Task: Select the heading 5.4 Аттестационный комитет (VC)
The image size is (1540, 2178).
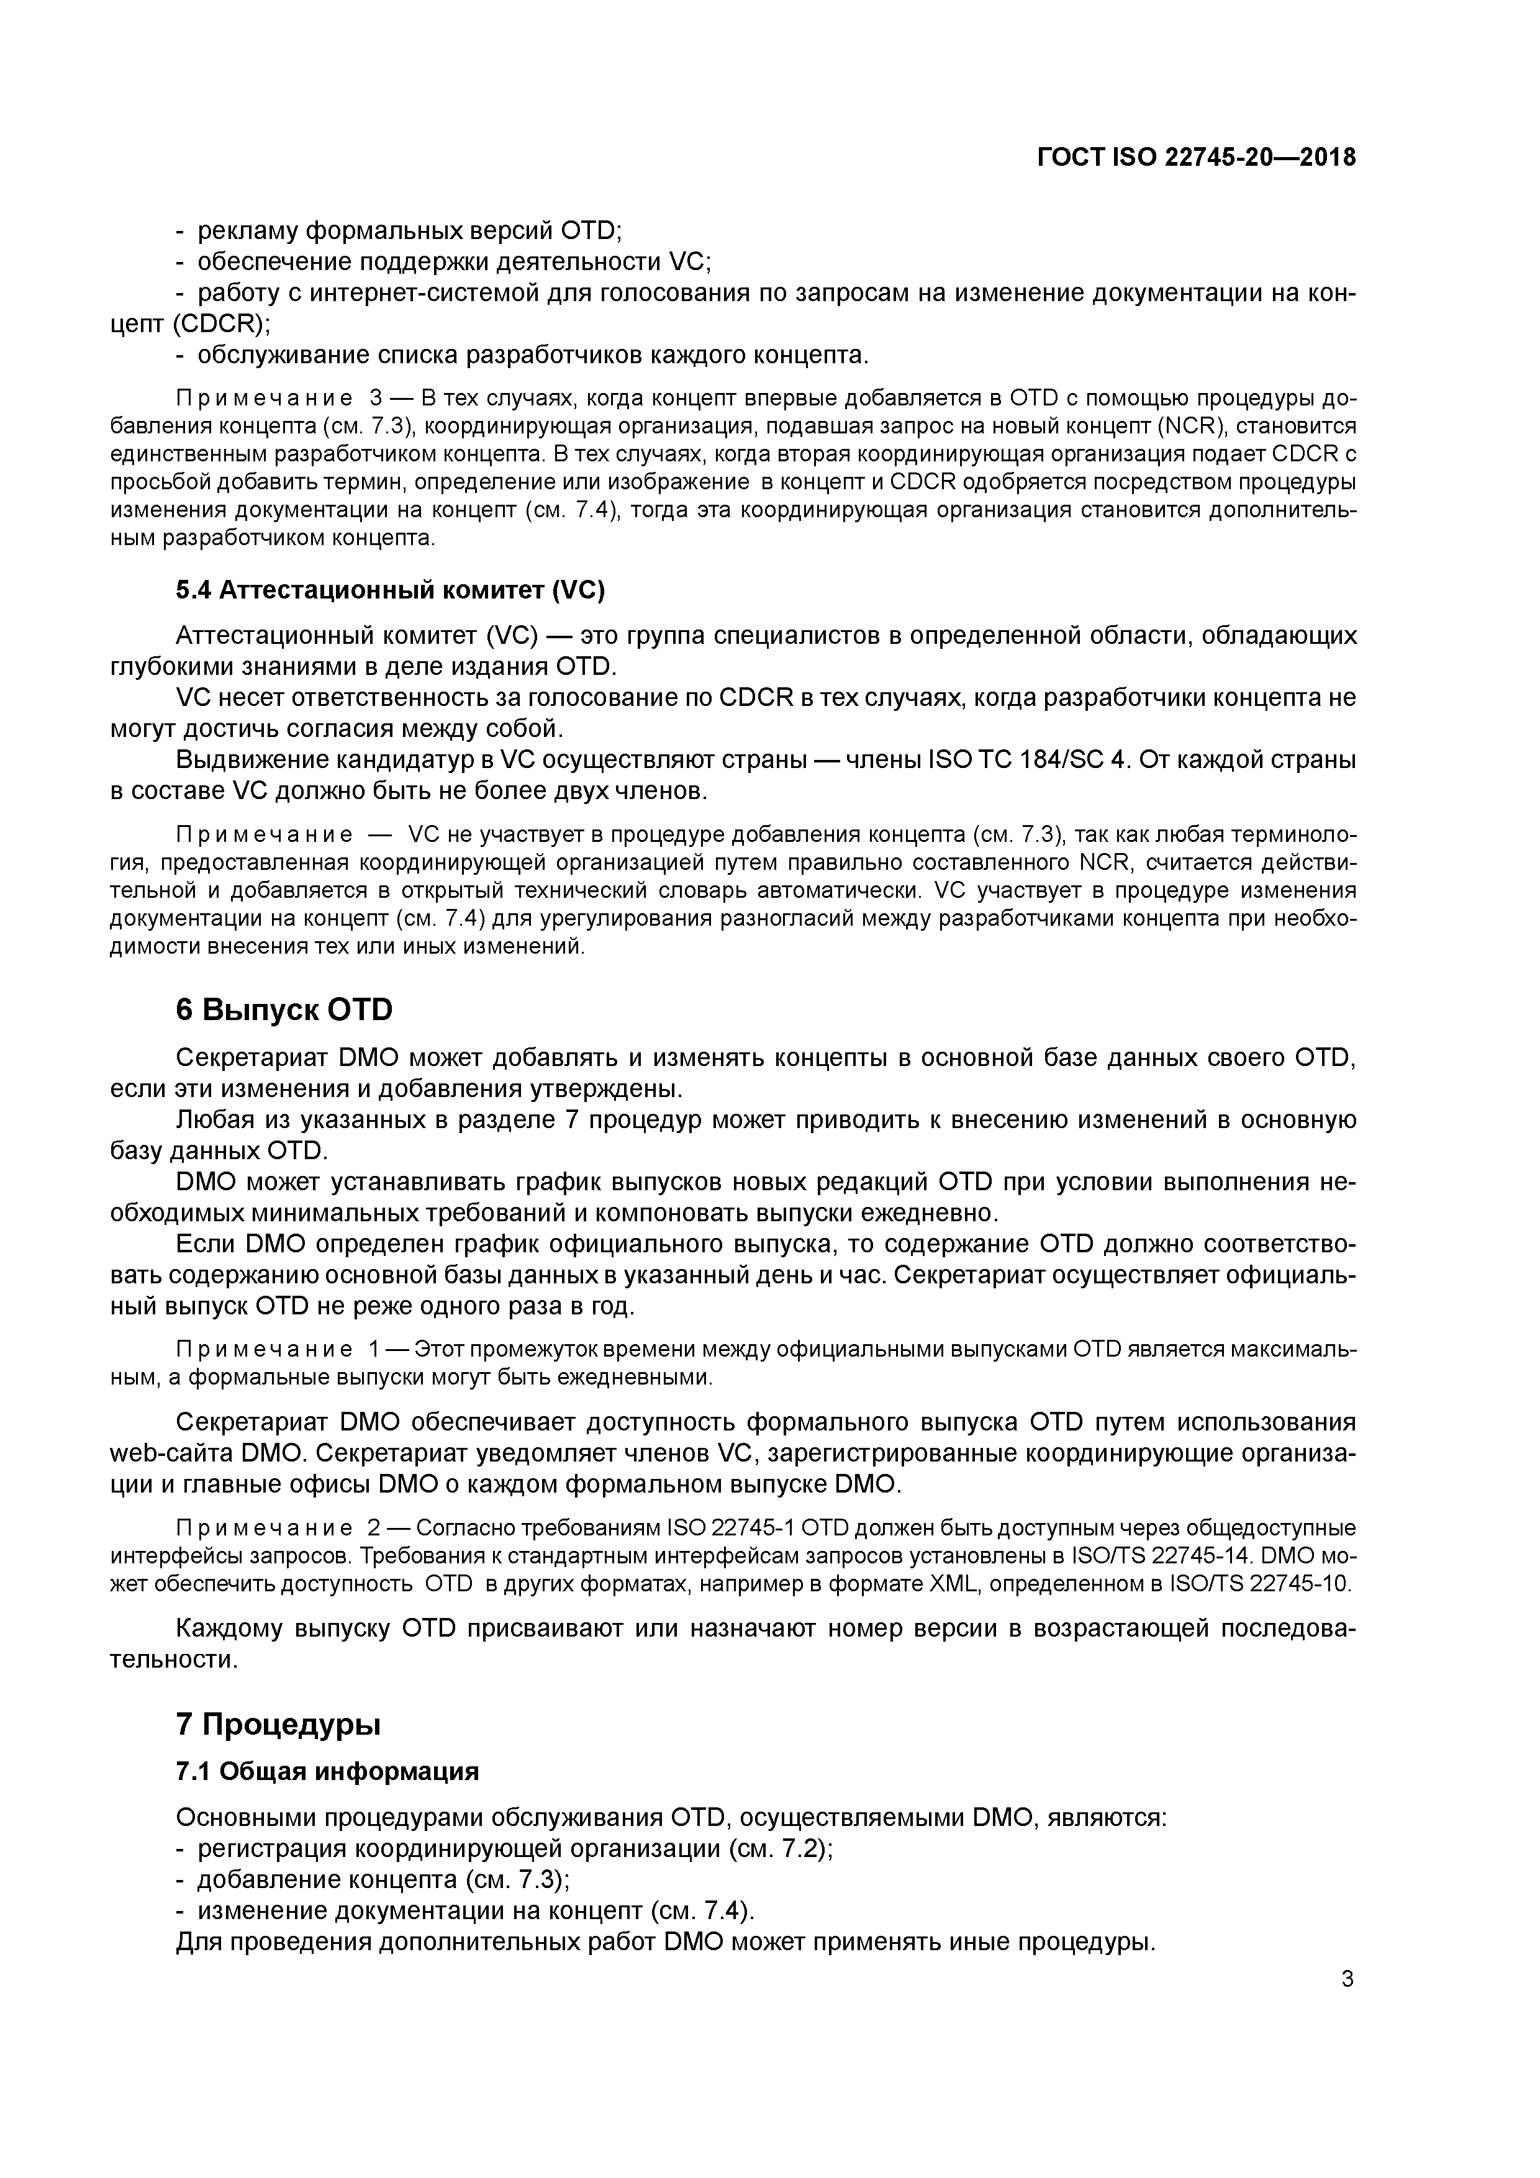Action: (x=390, y=590)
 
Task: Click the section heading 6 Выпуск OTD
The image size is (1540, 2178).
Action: (x=284, y=1010)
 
